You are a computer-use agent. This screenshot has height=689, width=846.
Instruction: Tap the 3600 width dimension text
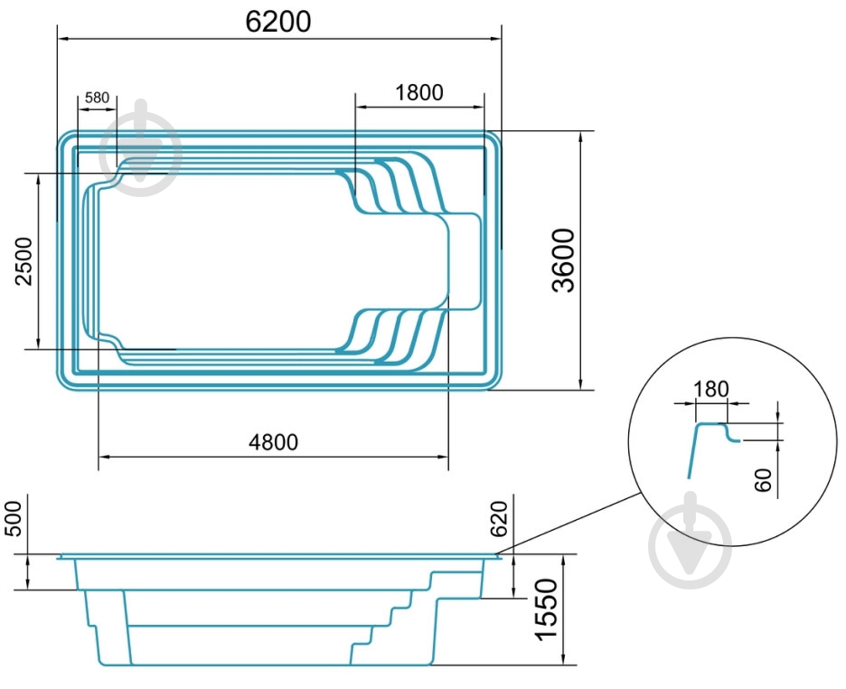564,260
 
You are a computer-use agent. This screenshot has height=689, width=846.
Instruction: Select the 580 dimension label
97,97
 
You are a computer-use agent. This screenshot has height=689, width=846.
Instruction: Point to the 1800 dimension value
418,91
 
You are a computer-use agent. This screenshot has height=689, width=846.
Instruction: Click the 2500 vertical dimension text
23,260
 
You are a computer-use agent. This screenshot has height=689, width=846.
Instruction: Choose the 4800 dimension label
273,441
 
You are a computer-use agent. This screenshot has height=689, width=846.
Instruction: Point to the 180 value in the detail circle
710,389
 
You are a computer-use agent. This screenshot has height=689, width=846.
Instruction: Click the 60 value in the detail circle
765,480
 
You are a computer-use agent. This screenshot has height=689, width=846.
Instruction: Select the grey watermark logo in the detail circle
691,541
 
